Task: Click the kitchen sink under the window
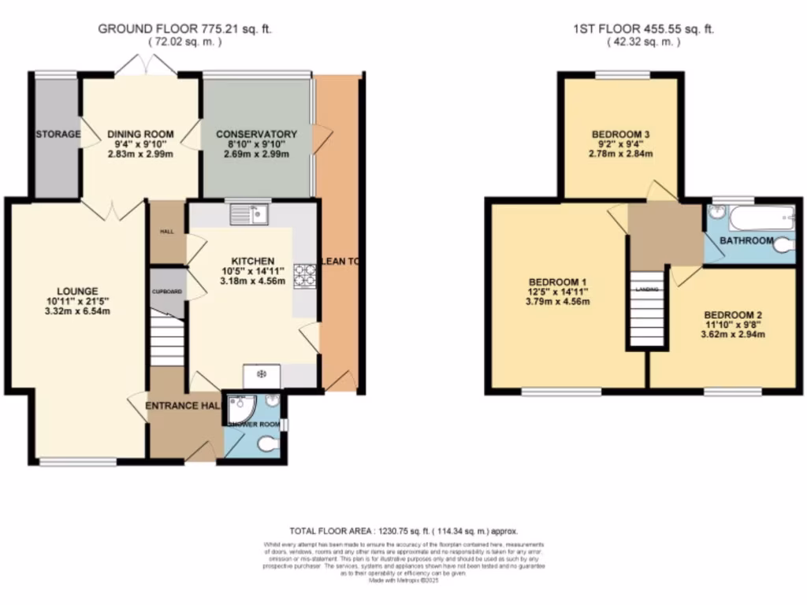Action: (250, 213)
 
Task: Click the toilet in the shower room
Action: (268, 445)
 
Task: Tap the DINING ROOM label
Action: (140, 134)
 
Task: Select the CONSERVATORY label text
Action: (256, 134)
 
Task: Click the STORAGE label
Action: (58, 134)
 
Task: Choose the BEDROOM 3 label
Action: (620, 135)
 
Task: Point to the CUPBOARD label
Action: (167, 292)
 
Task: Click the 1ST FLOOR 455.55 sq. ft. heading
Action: (643, 29)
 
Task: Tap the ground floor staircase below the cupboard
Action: (167, 340)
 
